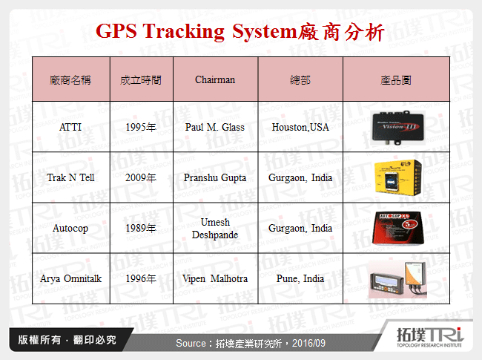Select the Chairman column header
point(215,79)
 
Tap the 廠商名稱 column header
point(70,79)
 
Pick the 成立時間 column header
point(141,79)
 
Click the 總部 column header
point(300,79)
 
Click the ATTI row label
point(70,127)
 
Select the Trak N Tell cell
point(70,178)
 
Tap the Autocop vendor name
point(70,228)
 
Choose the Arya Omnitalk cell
point(70,278)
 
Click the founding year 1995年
point(141,127)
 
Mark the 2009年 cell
point(141,178)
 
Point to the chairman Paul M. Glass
point(215,127)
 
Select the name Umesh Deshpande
point(215,228)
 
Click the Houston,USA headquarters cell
point(300,127)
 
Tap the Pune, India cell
point(300,278)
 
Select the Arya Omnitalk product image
point(398,278)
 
